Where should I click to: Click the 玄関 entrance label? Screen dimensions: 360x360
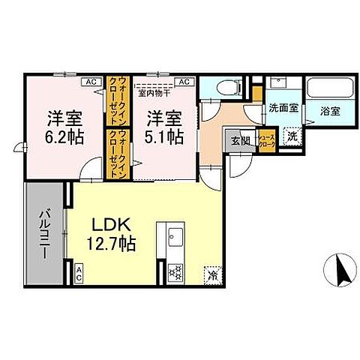tap(240, 139)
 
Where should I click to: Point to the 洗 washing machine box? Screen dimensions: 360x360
tap(294, 136)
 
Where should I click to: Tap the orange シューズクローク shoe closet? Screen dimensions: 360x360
tap(267, 140)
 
